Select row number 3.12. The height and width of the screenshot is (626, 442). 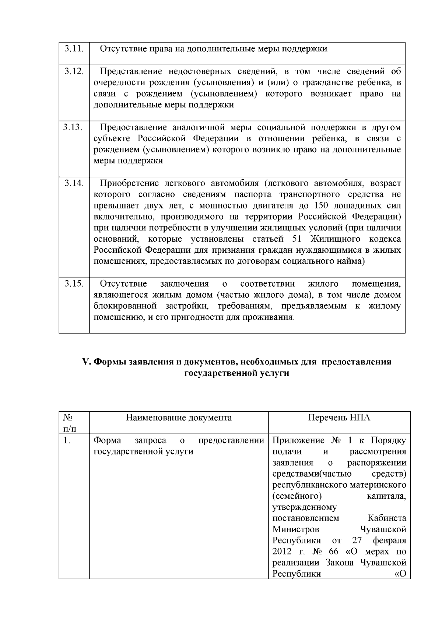pos(74,71)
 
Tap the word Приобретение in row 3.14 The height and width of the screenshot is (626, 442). pos(129,183)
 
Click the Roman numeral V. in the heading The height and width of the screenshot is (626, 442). pos(86,362)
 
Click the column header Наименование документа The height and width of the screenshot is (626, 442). pos(179,418)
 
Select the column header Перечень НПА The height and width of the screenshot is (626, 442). pos(339,418)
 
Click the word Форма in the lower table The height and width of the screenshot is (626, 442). pos(107,440)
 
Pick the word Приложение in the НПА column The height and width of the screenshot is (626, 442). pos(298,440)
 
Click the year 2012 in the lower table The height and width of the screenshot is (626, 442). pos(282,552)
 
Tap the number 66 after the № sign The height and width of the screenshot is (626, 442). pos(333,552)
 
